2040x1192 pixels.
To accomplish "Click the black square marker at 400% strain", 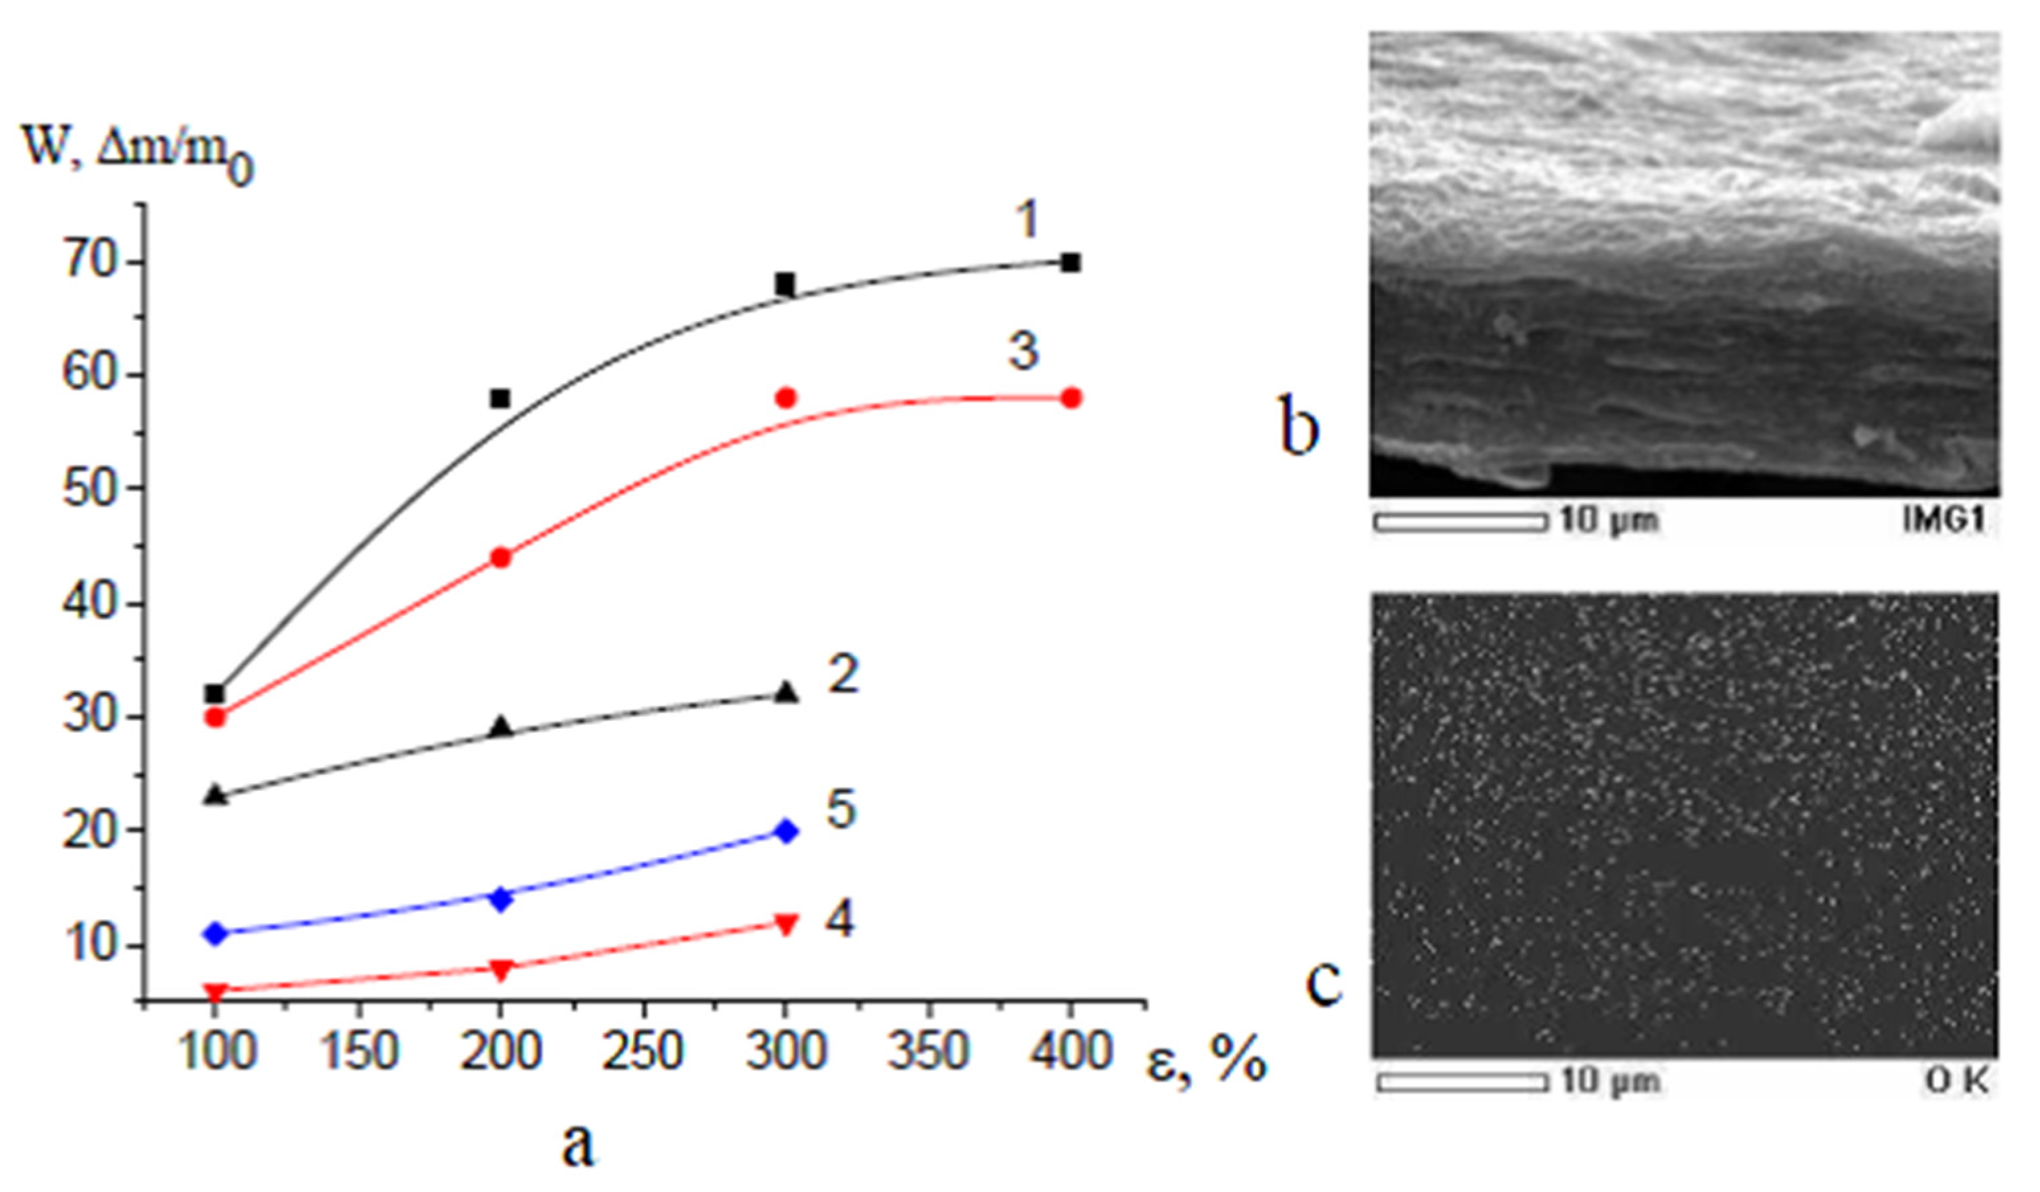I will (1070, 263).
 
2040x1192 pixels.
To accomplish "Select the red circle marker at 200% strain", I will (501, 557).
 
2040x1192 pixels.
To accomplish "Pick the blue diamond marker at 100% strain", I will (215, 933).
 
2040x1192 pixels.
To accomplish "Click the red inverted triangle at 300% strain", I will (785, 924).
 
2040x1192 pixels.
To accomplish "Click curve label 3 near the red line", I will (1023, 351).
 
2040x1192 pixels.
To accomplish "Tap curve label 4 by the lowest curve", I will (839, 920).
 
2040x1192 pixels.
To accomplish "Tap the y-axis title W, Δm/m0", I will (138, 154).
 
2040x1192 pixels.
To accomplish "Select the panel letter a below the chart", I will (577, 1144).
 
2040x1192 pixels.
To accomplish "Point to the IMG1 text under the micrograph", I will (1945, 520).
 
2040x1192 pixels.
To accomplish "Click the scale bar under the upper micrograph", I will (1460, 523).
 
